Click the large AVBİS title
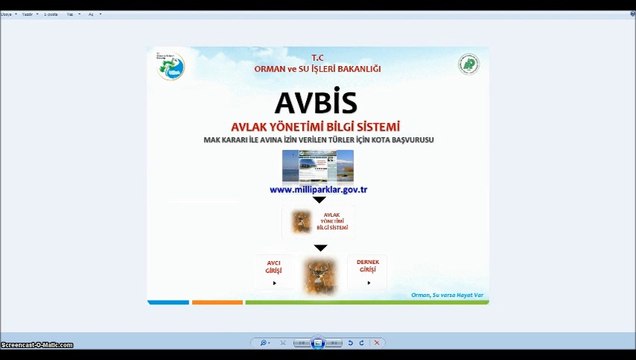(317, 101)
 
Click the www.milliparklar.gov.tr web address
(319, 189)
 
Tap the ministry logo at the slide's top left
(171, 67)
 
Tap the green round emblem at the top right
(468, 65)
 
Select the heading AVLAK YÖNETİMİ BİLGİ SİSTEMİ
(316, 126)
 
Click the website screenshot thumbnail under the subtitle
(317, 165)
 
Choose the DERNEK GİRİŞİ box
(367, 270)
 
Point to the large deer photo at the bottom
(320, 276)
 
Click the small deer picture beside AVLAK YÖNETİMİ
(300, 221)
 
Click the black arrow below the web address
(319, 200)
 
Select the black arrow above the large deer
(320, 247)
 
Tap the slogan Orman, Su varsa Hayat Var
(447, 294)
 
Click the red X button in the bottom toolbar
(376, 343)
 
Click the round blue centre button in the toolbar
(318, 343)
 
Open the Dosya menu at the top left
(10, 15)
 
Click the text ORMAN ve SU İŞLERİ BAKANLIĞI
(318, 68)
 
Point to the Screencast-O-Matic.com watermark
(37, 346)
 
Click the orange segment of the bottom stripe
(217, 301)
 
